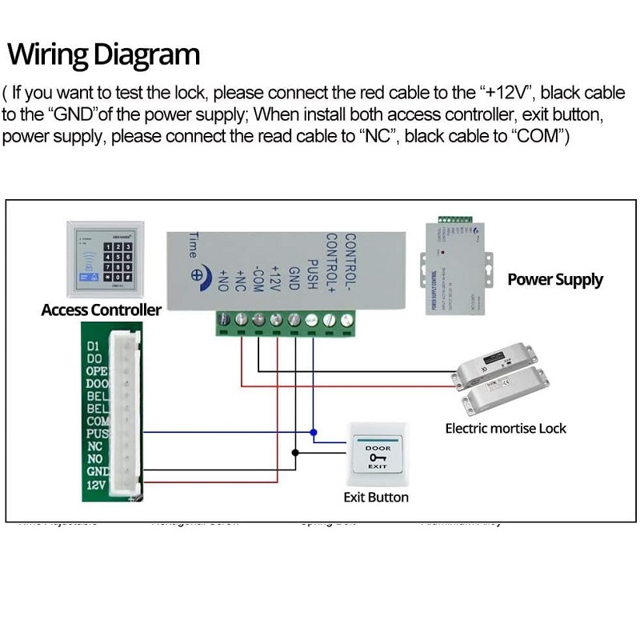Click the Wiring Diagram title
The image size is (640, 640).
(x=103, y=55)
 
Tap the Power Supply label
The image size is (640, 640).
(x=555, y=280)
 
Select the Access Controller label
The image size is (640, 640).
(x=101, y=310)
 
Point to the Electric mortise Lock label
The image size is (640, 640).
(x=506, y=428)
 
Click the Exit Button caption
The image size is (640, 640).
(x=376, y=498)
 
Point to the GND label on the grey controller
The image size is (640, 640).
(x=294, y=282)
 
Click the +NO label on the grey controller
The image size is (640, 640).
(x=224, y=282)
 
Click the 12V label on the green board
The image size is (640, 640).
(x=95, y=485)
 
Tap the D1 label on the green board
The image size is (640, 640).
(x=91, y=346)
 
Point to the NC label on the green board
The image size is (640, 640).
(x=94, y=446)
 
